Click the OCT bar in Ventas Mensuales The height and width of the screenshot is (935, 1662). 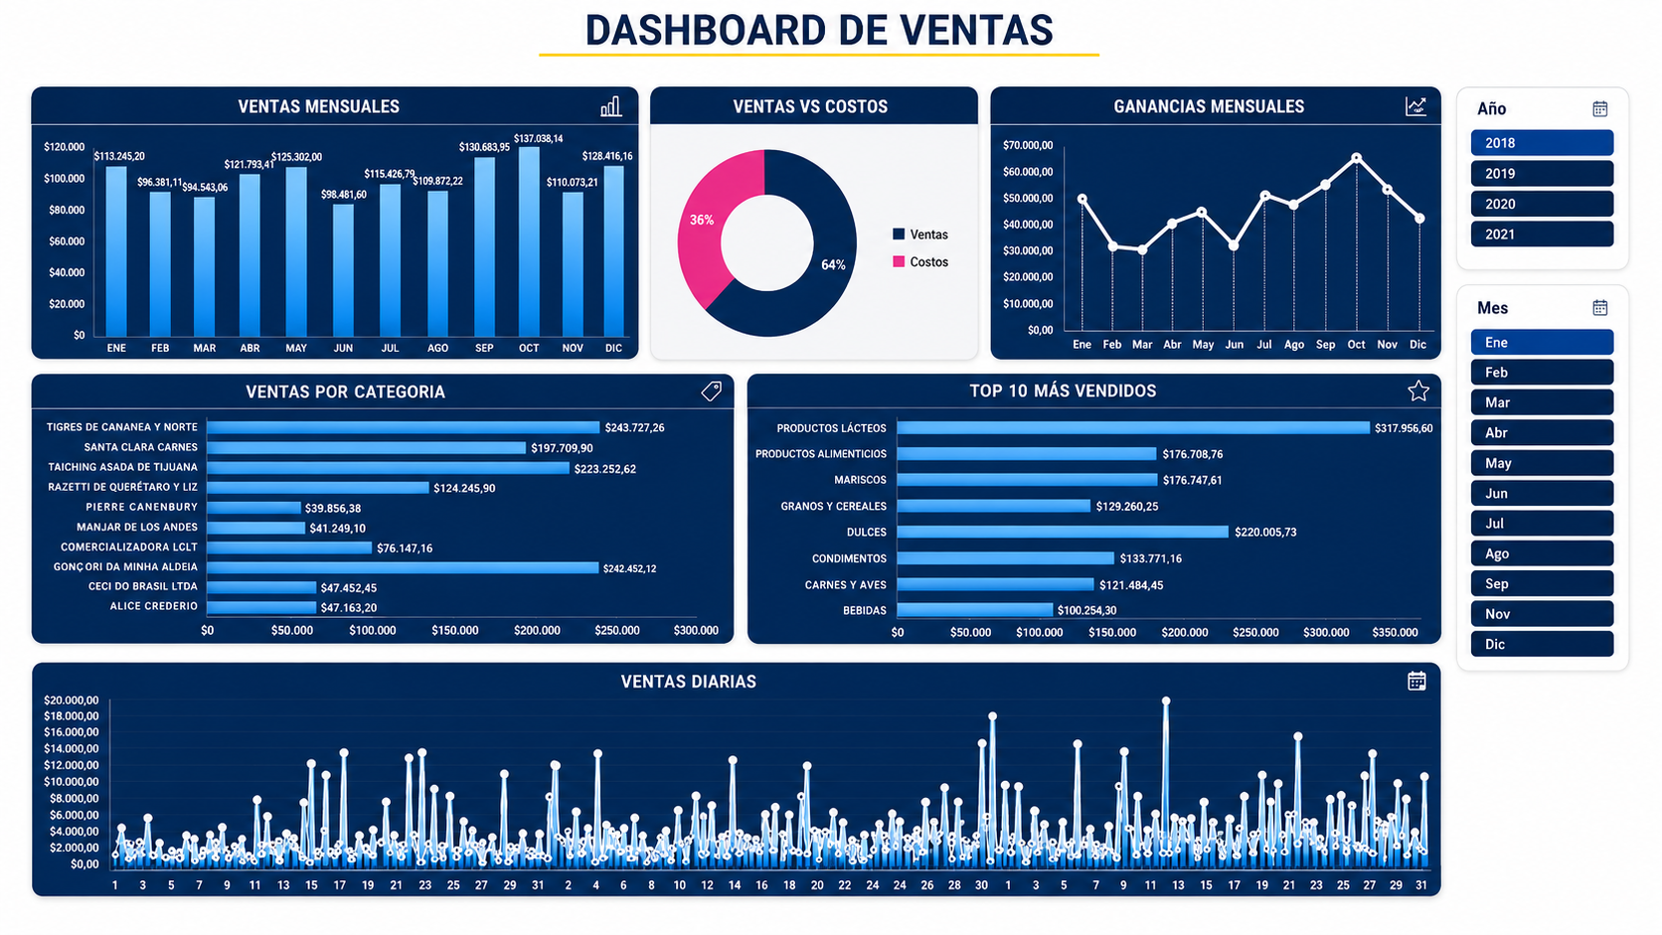529,241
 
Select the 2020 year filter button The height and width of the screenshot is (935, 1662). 1542,204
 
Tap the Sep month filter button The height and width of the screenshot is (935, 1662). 1542,583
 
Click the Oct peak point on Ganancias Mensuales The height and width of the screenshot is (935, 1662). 1356,158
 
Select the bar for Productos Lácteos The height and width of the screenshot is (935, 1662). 1133,428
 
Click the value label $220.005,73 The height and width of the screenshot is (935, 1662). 1265,533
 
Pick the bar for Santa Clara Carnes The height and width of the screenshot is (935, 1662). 367,448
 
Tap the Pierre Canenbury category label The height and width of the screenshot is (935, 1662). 142,507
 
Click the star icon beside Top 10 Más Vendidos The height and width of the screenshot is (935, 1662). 1417,390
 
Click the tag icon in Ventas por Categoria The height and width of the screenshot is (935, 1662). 711,390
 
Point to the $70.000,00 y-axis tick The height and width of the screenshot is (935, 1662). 1028,145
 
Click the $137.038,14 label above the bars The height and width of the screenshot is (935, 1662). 538,139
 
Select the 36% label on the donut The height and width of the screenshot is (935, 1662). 702,221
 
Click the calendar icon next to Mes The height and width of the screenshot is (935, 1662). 1599,308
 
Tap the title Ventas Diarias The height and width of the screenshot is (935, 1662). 689,682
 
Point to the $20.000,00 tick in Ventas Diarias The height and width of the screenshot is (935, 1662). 72,700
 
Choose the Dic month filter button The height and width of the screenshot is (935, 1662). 1542,644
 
